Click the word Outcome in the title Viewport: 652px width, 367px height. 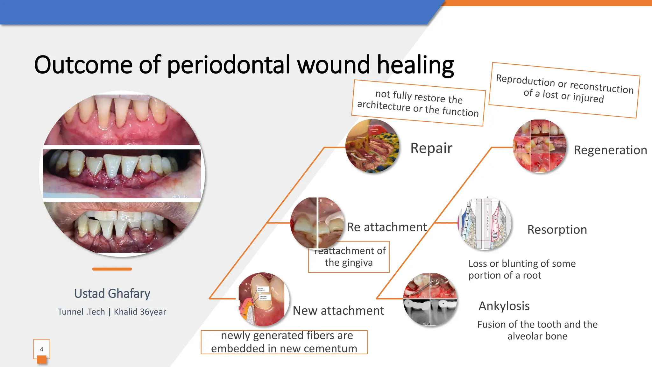coord(83,65)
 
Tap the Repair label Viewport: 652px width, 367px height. coord(431,148)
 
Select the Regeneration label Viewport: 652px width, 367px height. coord(610,150)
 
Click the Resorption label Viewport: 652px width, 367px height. coord(557,230)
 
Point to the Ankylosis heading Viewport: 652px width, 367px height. coord(504,306)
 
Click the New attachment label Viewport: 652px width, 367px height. coord(338,311)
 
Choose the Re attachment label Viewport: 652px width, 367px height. coord(386,227)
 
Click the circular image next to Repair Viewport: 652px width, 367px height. coord(372,146)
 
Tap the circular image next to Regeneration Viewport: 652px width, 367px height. coord(540,146)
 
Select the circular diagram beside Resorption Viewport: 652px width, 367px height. coord(485,223)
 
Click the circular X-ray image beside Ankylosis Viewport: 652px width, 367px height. coord(430,299)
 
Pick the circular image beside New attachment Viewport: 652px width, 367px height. coord(264,299)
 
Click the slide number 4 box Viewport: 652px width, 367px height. coord(42,349)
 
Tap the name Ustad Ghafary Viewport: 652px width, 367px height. coord(112,293)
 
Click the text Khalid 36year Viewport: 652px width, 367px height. coord(140,312)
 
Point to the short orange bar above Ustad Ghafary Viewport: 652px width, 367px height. coord(112,269)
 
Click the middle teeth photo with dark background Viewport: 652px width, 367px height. coord(122,174)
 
